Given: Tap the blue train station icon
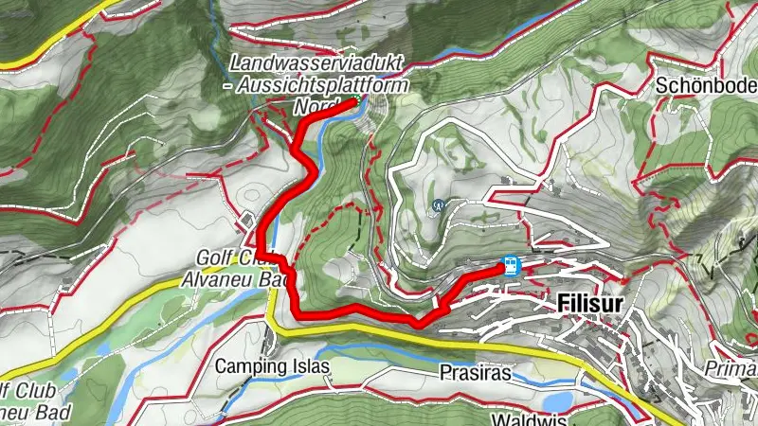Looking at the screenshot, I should tap(511, 266).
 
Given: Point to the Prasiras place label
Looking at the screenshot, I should tap(476, 373).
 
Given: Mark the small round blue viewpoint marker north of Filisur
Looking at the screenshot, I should tap(439, 204).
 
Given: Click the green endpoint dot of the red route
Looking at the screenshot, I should tap(357, 100).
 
